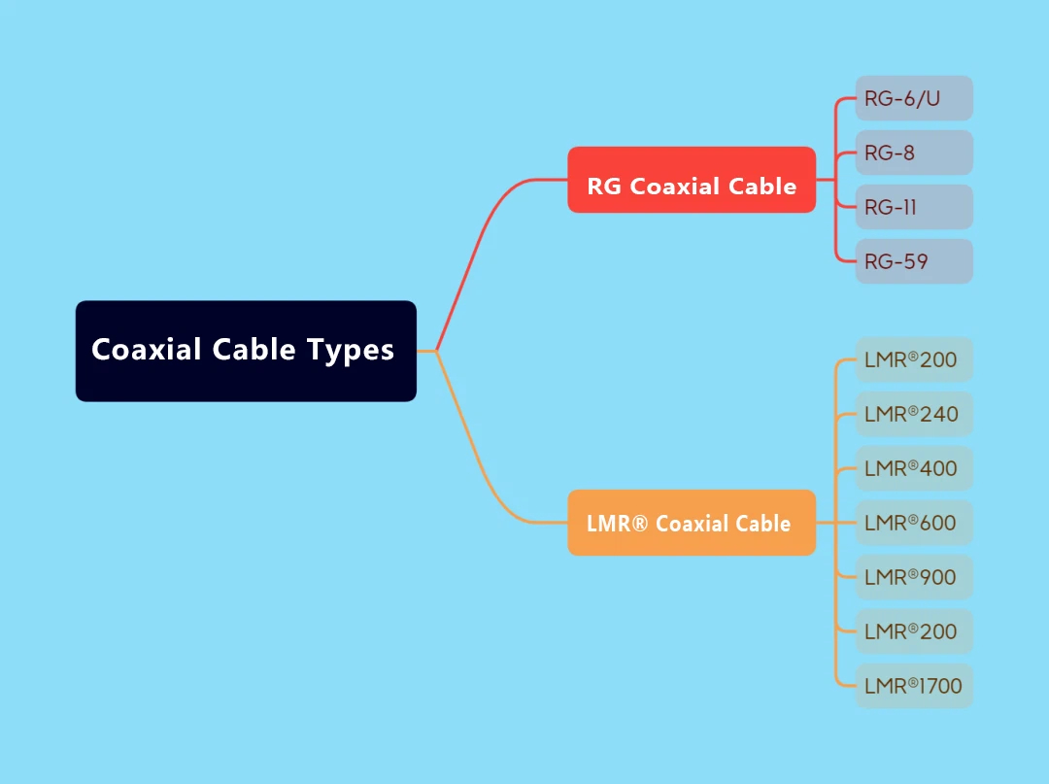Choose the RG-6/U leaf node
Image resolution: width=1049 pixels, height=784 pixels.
click(x=913, y=98)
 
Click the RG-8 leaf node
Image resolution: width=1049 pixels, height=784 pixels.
click(x=913, y=153)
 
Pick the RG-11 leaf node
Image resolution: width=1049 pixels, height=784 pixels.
click(x=913, y=207)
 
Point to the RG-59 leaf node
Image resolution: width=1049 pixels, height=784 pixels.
click(x=913, y=261)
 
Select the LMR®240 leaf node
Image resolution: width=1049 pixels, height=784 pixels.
click(x=913, y=414)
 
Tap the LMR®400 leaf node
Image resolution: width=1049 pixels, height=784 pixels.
click(x=913, y=468)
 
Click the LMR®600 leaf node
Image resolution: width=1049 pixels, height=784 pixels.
click(x=913, y=523)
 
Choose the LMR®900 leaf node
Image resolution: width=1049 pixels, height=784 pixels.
click(x=913, y=577)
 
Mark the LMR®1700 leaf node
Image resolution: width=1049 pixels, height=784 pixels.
click(x=913, y=686)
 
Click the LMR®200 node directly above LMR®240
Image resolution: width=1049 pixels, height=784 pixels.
click(x=913, y=359)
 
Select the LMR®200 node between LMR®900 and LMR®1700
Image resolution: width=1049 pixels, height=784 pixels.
click(x=913, y=631)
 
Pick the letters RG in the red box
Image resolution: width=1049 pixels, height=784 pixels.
click(x=604, y=187)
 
